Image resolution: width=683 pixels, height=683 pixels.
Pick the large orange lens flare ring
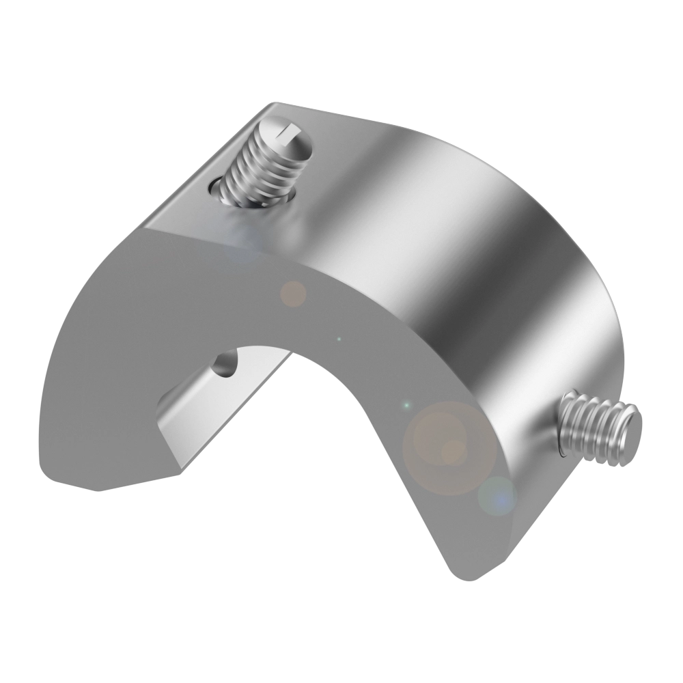coord(448,448)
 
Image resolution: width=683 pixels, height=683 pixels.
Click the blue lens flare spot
coord(497,498)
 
